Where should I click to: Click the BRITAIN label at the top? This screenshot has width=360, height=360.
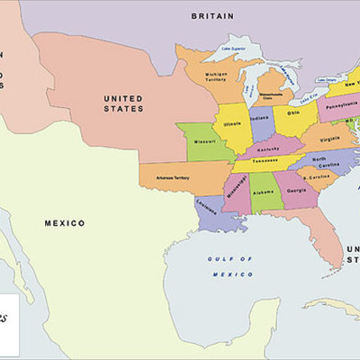point(212,15)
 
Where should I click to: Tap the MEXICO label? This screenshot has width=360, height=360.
point(65,222)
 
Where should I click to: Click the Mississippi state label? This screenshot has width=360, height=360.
point(236,192)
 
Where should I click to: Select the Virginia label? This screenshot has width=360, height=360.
point(328,139)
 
